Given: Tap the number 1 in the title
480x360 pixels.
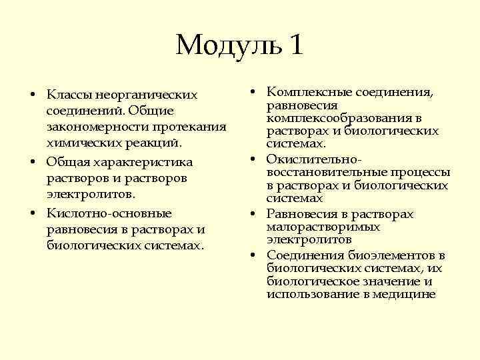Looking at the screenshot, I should tap(296, 45).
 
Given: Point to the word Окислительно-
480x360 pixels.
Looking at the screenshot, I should tap(315, 159).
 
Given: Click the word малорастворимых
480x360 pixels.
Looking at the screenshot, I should tap(323, 227).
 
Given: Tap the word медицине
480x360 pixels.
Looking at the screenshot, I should tap(409, 294).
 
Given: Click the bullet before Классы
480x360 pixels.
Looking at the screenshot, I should tap(32, 93).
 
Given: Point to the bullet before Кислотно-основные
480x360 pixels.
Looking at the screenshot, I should tap(32, 213).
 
